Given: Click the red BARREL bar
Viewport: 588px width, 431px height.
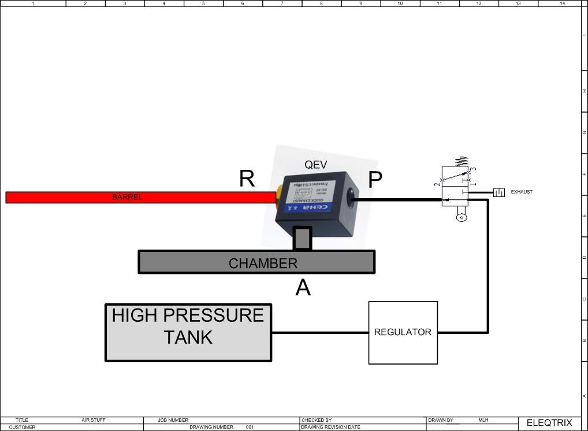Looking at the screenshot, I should (x=139, y=197).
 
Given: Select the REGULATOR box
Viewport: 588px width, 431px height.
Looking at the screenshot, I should (x=403, y=332).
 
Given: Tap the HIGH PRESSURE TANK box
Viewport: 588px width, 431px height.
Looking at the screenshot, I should (x=188, y=333).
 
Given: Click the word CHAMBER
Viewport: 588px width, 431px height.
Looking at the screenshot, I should (x=263, y=263).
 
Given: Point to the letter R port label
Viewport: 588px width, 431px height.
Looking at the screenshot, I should (x=247, y=179).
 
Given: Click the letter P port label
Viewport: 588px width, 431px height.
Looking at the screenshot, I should (x=375, y=180).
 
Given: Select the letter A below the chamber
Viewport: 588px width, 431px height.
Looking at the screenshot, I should (x=303, y=287).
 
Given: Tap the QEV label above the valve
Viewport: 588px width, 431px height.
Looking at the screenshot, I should (x=316, y=165).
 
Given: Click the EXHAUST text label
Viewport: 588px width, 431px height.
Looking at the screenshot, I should (x=522, y=192).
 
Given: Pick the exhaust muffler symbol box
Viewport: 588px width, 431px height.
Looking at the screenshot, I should (x=498, y=192).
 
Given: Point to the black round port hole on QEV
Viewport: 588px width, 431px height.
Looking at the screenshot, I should (x=350, y=200).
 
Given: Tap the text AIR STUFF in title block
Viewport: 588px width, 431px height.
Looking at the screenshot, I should (x=94, y=420).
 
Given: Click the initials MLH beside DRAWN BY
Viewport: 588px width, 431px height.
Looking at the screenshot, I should (x=483, y=420).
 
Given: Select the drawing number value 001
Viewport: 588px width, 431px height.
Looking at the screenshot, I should (x=250, y=428).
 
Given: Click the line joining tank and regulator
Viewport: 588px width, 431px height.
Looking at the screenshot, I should (x=320, y=332).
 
